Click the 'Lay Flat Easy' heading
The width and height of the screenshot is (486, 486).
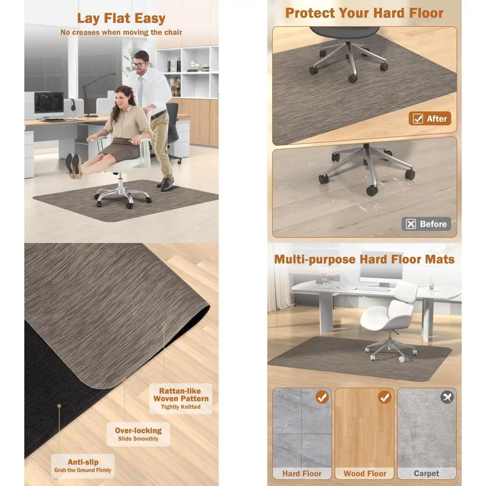point(121,18)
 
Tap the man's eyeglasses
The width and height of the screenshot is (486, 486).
point(140,64)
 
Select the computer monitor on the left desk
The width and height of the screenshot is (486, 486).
point(49,104)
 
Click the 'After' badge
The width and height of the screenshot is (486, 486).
point(430,119)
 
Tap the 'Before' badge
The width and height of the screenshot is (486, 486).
point(426,224)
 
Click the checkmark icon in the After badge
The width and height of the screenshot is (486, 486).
point(417,119)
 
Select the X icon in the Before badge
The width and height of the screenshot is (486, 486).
point(411,224)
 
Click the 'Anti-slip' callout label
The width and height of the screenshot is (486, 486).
point(83,466)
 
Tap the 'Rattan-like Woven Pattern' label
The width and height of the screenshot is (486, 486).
point(180,398)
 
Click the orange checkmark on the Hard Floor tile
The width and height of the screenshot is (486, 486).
point(321,397)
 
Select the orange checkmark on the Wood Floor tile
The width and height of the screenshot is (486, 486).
point(384,397)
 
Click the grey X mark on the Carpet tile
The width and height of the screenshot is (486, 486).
point(447,397)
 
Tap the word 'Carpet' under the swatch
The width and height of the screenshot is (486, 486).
point(426,473)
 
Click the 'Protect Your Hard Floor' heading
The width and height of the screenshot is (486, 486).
point(364,13)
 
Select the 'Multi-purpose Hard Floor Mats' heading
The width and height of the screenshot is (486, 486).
point(364,259)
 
